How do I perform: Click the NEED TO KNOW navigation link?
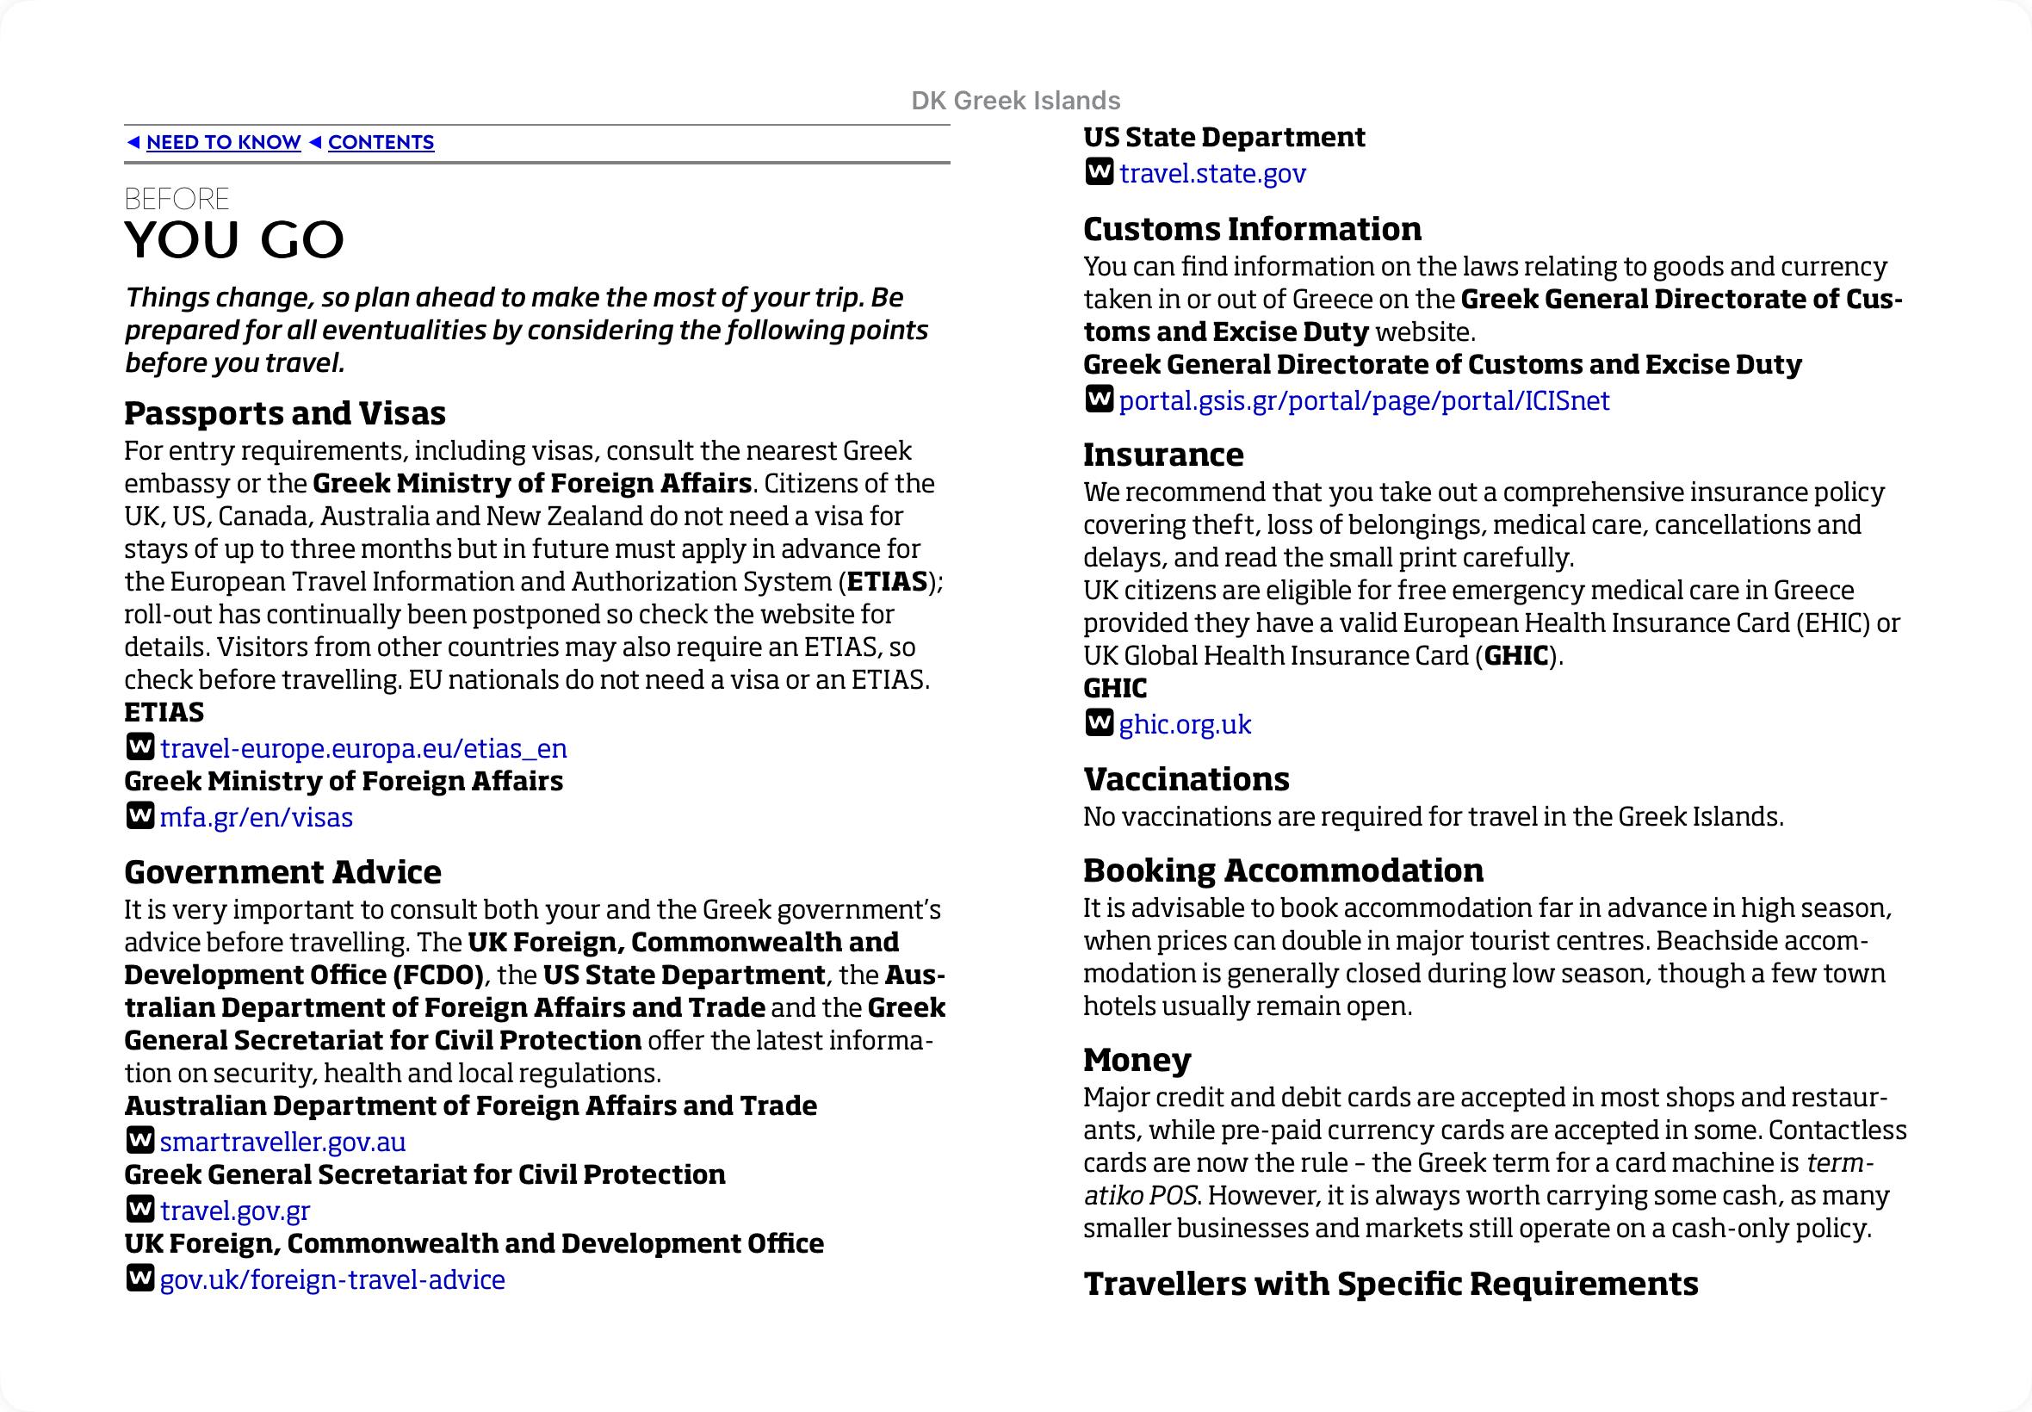coord(223,142)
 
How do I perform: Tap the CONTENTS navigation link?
coord(381,142)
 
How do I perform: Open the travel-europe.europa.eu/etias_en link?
coord(362,748)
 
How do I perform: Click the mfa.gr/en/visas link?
coord(256,816)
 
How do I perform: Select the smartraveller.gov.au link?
coord(282,1142)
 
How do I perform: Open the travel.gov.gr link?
coord(234,1211)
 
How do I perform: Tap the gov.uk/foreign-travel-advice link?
coord(331,1279)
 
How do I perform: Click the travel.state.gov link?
coord(1212,173)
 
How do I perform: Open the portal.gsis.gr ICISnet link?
coord(1363,400)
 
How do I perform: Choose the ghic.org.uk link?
coord(1185,725)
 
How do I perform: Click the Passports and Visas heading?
coord(285,413)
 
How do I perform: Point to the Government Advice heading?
coord(282,872)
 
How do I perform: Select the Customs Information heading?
coord(1252,229)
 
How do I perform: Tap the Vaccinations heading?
coord(1186,778)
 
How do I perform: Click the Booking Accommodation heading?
coord(1283,870)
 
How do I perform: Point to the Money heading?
coord(1137,1059)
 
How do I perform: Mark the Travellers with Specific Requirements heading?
coord(1390,1284)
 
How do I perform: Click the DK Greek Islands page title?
coord(1015,101)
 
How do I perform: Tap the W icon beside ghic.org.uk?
coord(1098,724)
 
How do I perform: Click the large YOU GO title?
coord(234,239)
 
